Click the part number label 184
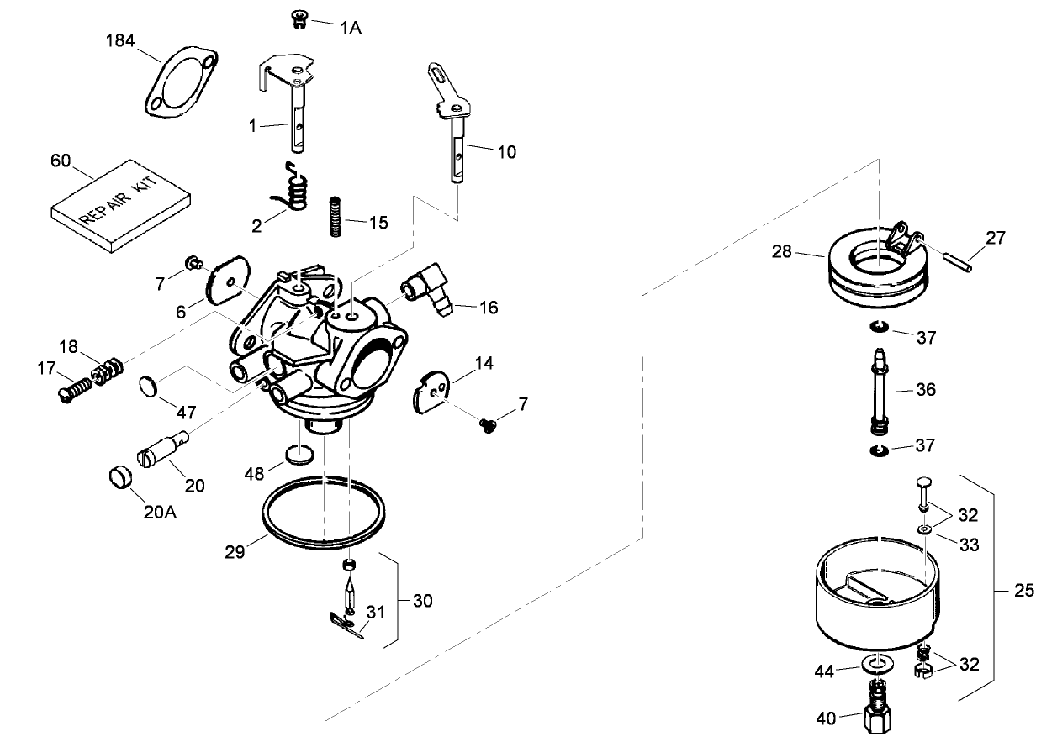[120, 40]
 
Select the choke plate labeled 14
[433, 391]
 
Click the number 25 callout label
[1023, 592]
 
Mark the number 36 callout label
[925, 390]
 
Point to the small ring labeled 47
[148, 387]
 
